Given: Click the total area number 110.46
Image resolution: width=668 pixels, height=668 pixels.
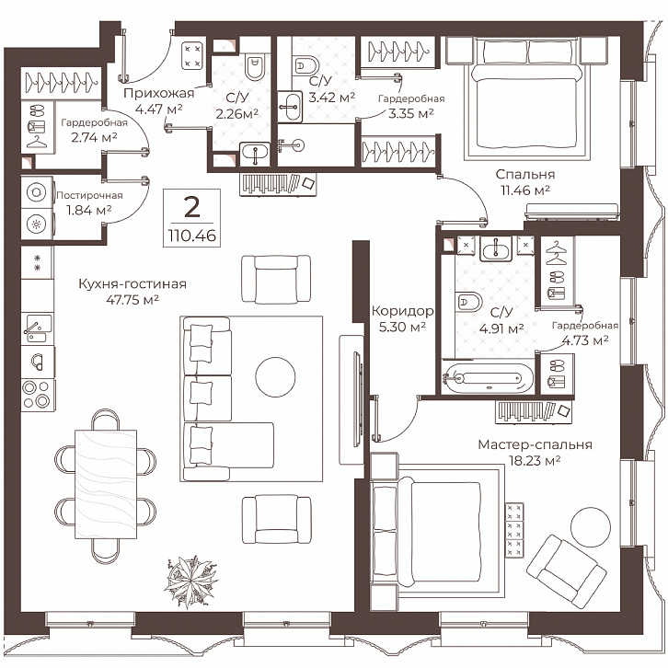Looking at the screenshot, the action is point(191,236).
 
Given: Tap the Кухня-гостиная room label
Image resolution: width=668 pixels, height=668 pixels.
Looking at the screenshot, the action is point(132,283).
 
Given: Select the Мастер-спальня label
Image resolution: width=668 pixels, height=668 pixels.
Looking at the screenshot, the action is point(535,444).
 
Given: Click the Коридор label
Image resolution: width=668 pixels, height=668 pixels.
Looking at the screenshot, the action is point(402,311).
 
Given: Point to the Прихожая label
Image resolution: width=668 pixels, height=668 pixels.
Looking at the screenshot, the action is point(158,93).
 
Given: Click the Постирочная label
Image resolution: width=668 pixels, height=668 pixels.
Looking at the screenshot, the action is point(89,196).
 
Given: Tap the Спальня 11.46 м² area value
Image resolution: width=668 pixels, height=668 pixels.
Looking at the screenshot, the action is point(524,190).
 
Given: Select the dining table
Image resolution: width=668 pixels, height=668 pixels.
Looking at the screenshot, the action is point(106,484).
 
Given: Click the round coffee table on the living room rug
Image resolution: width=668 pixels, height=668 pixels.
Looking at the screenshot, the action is point(275,377).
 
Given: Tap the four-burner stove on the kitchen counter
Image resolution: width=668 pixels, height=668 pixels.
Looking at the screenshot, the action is point(38,395).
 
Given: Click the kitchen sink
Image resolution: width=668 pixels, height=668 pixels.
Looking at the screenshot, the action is point(39,328).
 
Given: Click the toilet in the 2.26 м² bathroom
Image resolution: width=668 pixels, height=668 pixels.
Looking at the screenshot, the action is point(255,66).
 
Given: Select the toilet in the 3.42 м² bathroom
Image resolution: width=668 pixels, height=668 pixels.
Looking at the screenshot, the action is point(305,65).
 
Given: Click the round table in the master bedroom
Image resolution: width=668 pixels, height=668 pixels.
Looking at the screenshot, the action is point(590,527).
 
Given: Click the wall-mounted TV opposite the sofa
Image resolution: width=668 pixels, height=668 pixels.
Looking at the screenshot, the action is point(357,398).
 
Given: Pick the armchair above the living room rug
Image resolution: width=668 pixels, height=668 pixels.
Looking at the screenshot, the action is point(276,279).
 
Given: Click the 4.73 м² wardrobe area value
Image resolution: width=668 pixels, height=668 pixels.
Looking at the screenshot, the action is point(585,340).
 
